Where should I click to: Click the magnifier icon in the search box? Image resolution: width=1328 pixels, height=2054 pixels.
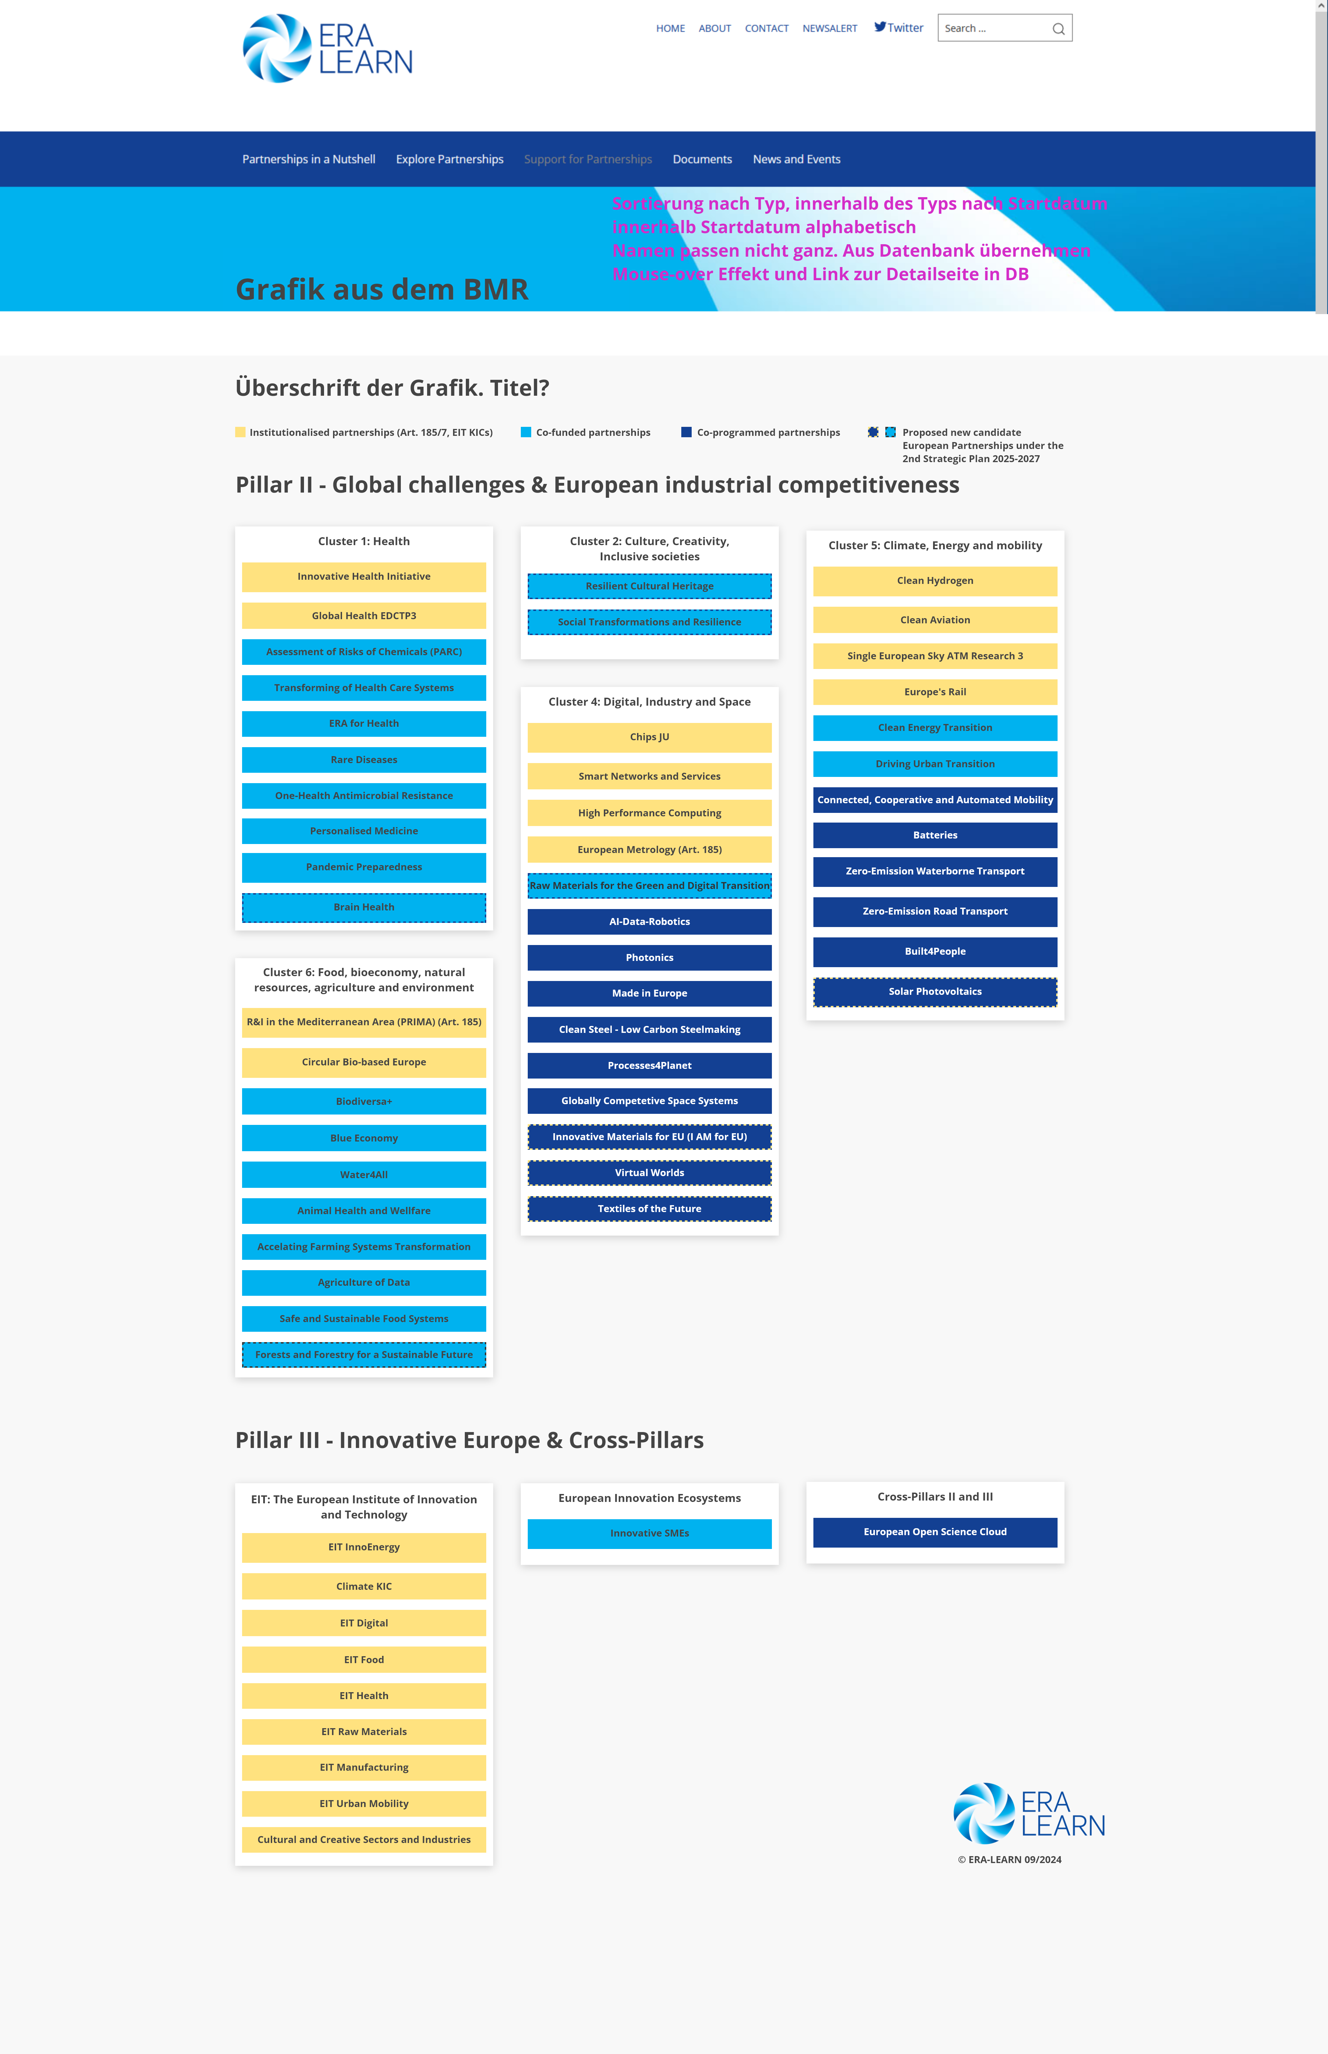(x=1058, y=28)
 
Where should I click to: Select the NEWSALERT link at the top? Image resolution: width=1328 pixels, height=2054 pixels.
(x=830, y=28)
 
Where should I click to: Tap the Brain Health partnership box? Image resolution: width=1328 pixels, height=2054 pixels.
(x=364, y=907)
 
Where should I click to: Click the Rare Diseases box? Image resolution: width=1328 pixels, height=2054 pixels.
(x=364, y=760)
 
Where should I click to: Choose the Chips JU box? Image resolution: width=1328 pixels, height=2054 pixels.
(x=649, y=737)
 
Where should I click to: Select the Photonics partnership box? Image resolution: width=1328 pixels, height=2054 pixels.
(x=649, y=957)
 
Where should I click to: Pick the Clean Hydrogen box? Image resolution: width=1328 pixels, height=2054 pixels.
(x=935, y=580)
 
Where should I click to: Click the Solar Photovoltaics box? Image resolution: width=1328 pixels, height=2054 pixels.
(x=935, y=992)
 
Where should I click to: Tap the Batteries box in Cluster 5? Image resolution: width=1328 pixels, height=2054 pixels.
(x=935, y=835)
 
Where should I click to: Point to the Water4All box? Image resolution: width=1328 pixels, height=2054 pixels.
(x=364, y=1174)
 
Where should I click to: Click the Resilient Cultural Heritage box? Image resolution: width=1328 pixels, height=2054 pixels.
(x=649, y=586)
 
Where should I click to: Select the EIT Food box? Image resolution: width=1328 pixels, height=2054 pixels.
(x=364, y=1659)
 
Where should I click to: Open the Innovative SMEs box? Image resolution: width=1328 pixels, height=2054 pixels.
(x=649, y=1533)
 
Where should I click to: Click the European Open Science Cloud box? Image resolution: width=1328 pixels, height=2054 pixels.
(x=935, y=1531)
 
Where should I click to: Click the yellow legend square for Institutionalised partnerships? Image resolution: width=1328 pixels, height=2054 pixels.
(x=241, y=432)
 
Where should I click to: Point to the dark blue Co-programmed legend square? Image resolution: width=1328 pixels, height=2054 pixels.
(x=686, y=432)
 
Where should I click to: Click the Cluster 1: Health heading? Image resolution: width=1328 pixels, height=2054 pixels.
(x=364, y=542)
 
